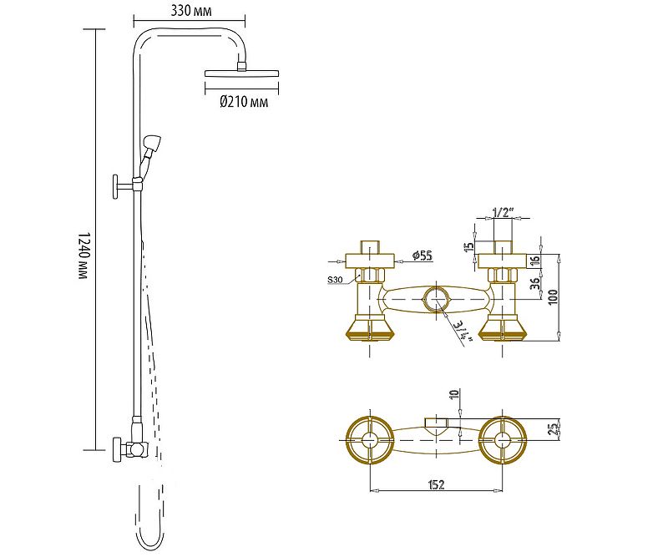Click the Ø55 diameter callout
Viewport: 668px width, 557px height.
tap(422, 256)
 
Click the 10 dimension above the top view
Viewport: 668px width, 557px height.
tap(454, 396)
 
